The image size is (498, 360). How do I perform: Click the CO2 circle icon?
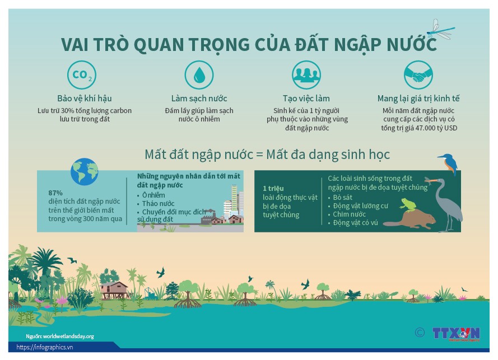pyautogui.click(x=82, y=75)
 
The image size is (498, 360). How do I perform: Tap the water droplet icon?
pyautogui.click(x=199, y=75)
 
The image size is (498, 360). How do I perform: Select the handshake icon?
pyautogui.click(x=418, y=75)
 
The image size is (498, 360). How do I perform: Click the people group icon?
pyautogui.click(x=306, y=75)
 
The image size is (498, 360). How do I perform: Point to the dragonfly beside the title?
pyautogui.click(x=440, y=30)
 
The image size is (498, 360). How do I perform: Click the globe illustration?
pyautogui.click(x=85, y=171)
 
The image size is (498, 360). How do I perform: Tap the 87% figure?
pyautogui.click(x=55, y=193)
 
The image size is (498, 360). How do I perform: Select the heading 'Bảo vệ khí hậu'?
pyautogui.click(x=85, y=99)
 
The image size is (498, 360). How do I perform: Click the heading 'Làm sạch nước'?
pyautogui.click(x=199, y=99)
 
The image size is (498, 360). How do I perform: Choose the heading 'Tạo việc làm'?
pyautogui.click(x=306, y=99)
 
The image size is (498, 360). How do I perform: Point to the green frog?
pyautogui.click(x=408, y=205)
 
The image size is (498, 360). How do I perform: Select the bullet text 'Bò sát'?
pyautogui.click(x=342, y=198)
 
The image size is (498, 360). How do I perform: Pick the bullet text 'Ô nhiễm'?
pyautogui.click(x=153, y=195)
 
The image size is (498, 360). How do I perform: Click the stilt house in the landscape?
pyautogui.click(x=114, y=290)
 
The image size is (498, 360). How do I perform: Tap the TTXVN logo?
pyautogui.click(x=456, y=334)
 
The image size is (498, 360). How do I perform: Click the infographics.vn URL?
pyautogui.click(x=44, y=347)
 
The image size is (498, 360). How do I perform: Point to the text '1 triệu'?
pyautogui.click(x=273, y=188)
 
